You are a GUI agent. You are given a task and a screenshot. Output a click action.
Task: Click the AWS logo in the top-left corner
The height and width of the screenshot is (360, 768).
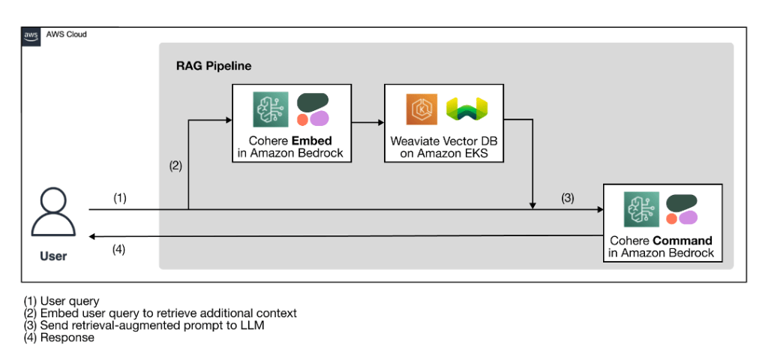(x=31, y=35)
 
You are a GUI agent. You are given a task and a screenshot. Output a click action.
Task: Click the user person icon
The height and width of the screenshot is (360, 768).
(x=52, y=212)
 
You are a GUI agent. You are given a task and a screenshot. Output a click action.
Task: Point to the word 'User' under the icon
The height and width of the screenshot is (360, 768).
(x=52, y=256)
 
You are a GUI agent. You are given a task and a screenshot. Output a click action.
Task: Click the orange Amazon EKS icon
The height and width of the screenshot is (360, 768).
(x=420, y=109)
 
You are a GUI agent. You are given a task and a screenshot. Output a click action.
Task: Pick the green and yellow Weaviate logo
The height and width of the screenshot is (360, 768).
(x=466, y=109)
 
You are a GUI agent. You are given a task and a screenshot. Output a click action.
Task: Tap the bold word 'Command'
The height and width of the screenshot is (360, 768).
(x=682, y=241)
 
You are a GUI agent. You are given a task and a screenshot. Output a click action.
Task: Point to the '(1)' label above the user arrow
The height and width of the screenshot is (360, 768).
(x=120, y=198)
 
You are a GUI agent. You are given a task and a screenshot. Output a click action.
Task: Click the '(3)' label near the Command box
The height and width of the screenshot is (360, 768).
(x=568, y=198)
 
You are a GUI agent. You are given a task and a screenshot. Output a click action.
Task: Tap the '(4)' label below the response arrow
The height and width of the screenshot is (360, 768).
(x=118, y=249)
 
